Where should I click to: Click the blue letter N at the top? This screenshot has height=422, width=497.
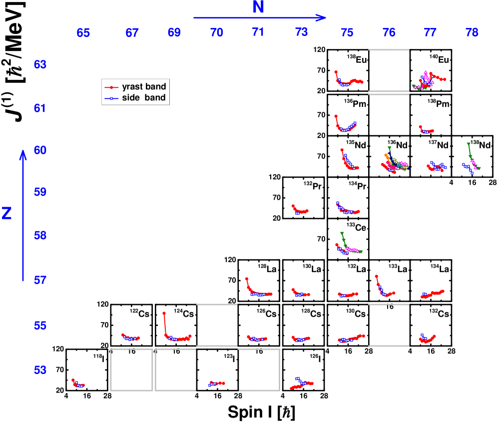click(258, 7)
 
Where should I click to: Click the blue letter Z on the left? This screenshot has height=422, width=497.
click(7, 213)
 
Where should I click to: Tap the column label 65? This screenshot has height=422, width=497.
click(83, 33)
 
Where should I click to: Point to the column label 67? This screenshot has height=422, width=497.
click(132, 33)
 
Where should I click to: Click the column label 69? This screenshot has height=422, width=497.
click(174, 33)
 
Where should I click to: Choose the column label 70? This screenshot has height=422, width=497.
click(216, 33)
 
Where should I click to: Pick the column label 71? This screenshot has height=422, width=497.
click(258, 32)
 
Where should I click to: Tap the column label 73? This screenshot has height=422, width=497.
click(302, 33)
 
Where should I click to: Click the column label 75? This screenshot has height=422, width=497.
click(348, 33)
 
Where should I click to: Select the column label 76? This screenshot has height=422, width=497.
click(389, 33)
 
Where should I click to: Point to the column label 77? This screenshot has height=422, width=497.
click(430, 33)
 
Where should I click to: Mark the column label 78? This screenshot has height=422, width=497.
click(472, 33)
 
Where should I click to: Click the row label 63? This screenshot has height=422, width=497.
click(40, 65)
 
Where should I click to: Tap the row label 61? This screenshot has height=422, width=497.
click(40, 108)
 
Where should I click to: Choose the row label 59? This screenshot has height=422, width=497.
click(40, 192)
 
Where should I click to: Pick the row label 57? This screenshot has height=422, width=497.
click(40, 280)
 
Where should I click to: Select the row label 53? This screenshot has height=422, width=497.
click(40, 370)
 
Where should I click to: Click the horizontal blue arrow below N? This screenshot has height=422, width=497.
click(260, 18)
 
